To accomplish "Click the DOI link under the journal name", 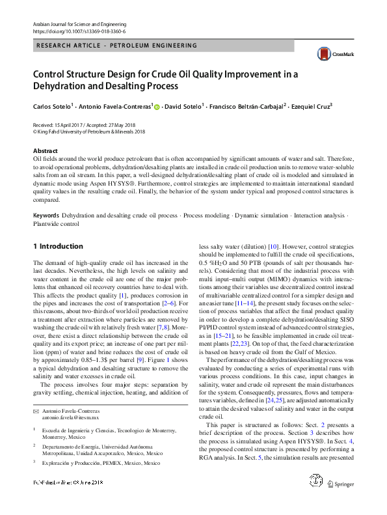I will click(79, 31).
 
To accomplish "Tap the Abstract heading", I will click(44, 150).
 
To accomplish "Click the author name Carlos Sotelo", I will click(53, 105).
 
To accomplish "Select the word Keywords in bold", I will click(46, 214).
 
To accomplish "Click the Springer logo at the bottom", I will click(341, 501).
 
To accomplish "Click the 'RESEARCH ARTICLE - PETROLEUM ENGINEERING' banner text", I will click(117, 46).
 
